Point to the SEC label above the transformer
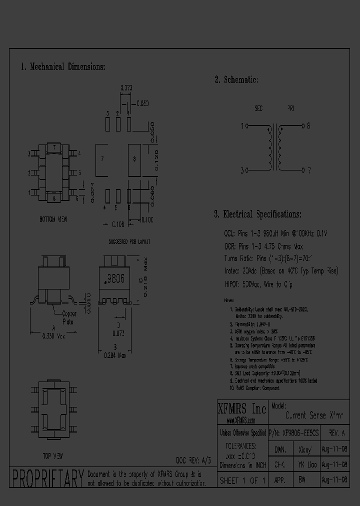pos(258,108)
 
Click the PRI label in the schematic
pos(290,108)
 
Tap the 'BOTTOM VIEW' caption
pos(53,219)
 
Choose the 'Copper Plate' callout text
pos(68,318)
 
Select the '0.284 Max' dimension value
pos(115,355)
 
